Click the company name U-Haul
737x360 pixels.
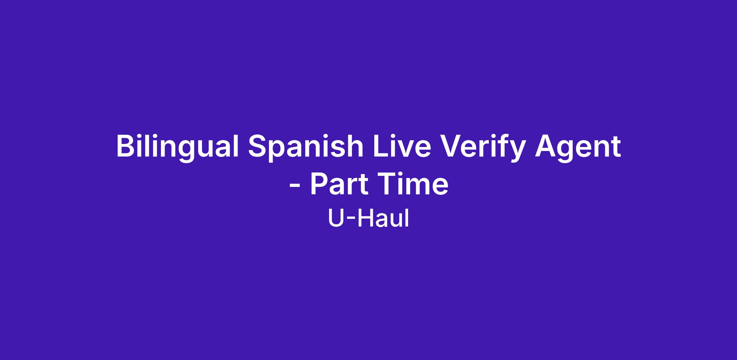[368, 218]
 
